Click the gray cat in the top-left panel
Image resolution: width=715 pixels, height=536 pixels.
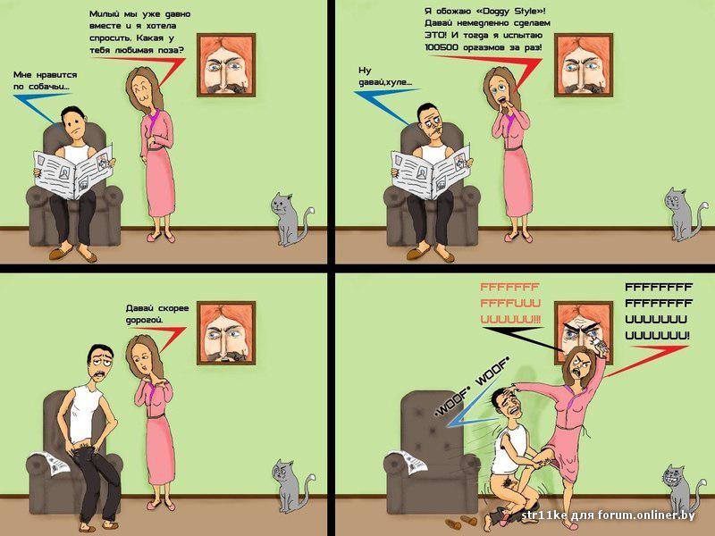coord(291,220)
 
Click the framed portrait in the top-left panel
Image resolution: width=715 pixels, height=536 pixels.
coord(226,65)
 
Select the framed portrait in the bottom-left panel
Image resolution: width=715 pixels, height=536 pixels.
coord(226,332)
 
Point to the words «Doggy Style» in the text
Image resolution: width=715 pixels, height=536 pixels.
coord(510,11)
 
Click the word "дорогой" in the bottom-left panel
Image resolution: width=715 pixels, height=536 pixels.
coord(144,321)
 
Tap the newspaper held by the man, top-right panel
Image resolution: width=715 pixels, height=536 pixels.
coord(431,173)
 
